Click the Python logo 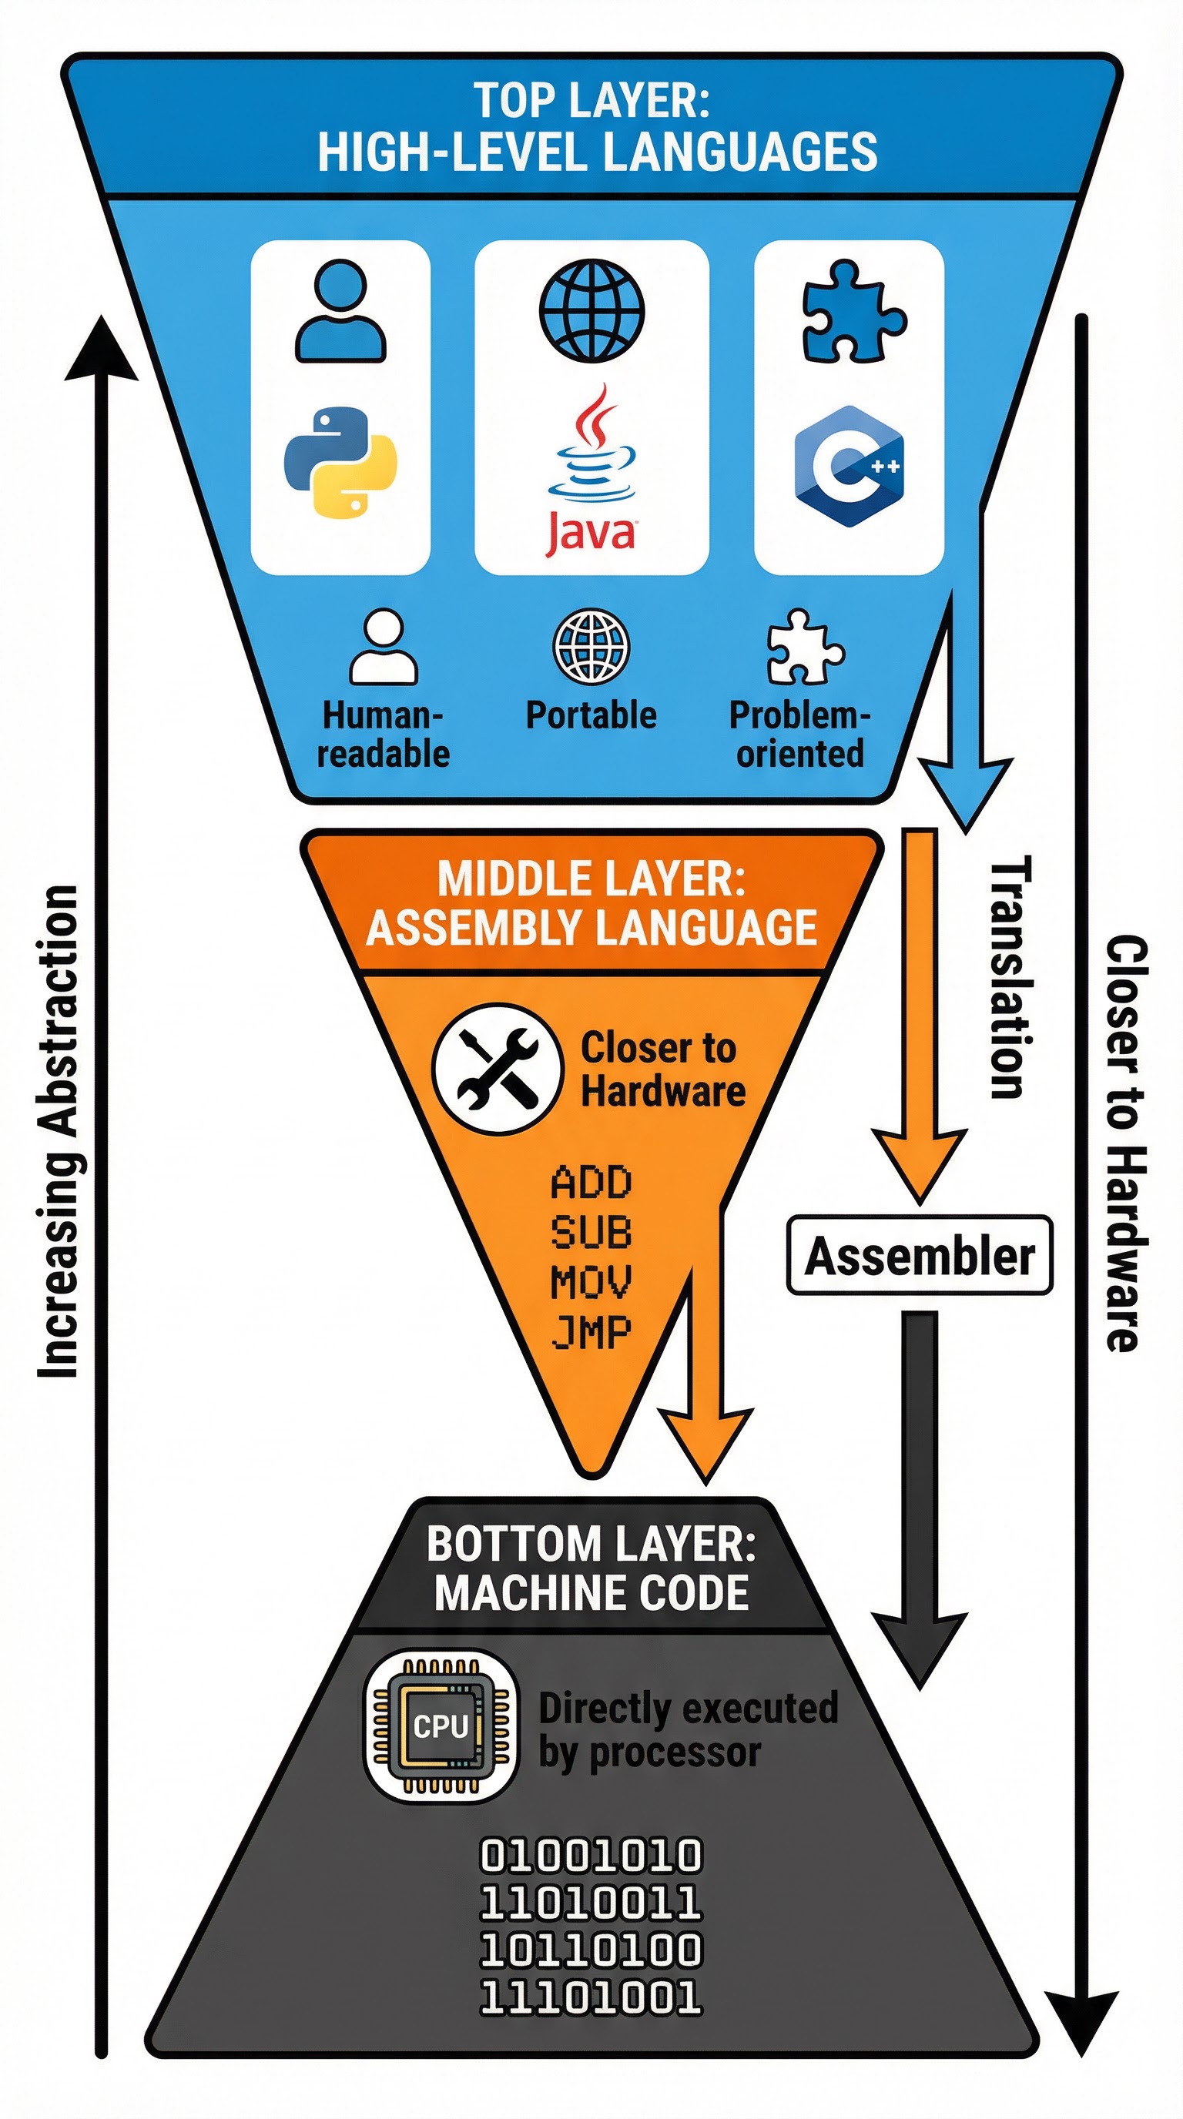point(340,462)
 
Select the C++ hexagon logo point(849,466)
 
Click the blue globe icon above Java point(591,310)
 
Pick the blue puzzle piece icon point(853,311)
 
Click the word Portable point(591,715)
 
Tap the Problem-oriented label point(799,734)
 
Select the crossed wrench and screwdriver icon point(497,1069)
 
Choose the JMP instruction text point(591,1332)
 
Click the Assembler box point(919,1256)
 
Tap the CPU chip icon point(441,1726)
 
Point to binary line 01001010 point(591,1856)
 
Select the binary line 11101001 point(591,1997)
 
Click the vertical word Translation point(1009,976)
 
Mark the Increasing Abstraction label point(59,1131)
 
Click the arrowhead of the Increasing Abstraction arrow point(100,350)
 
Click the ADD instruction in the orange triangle point(591,1183)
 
